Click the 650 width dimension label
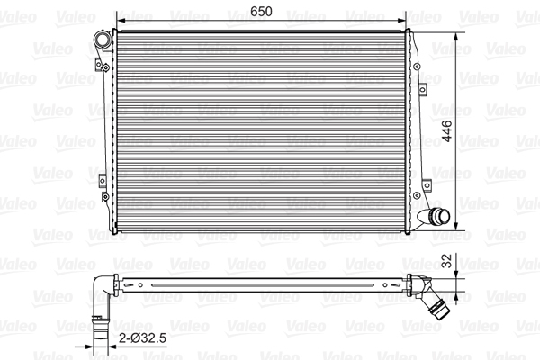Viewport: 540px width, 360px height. [x=261, y=12]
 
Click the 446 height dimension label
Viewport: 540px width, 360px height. [x=447, y=130]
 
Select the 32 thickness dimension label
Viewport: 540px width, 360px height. [x=446, y=261]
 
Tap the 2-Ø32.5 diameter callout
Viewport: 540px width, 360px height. [x=142, y=338]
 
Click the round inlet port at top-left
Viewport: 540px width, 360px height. [x=103, y=40]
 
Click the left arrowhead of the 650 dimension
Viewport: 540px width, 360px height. [x=121, y=21]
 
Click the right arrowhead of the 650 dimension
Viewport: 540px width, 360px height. [x=402, y=21]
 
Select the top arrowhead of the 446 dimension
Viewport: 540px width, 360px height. [x=456, y=37]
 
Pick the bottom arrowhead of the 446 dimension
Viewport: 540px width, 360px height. [x=456, y=225]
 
